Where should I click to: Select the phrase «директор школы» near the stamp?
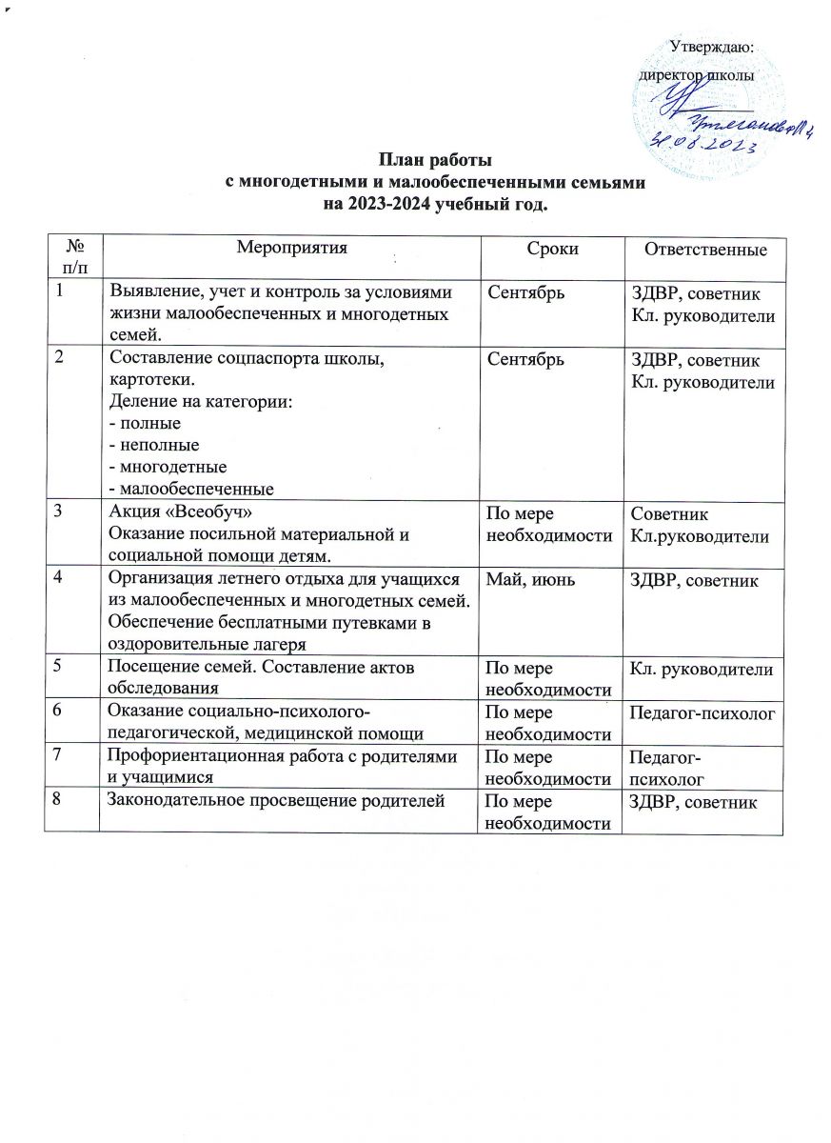pyautogui.click(x=698, y=73)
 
